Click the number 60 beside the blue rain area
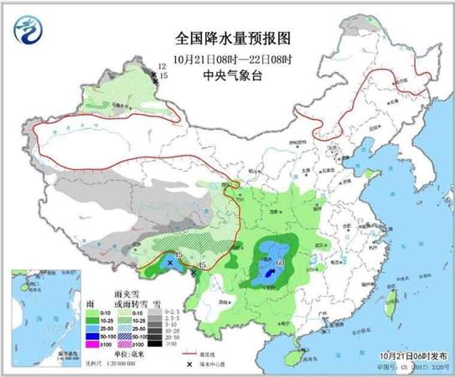pos(280,263)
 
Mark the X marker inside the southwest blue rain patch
pos(170,263)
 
